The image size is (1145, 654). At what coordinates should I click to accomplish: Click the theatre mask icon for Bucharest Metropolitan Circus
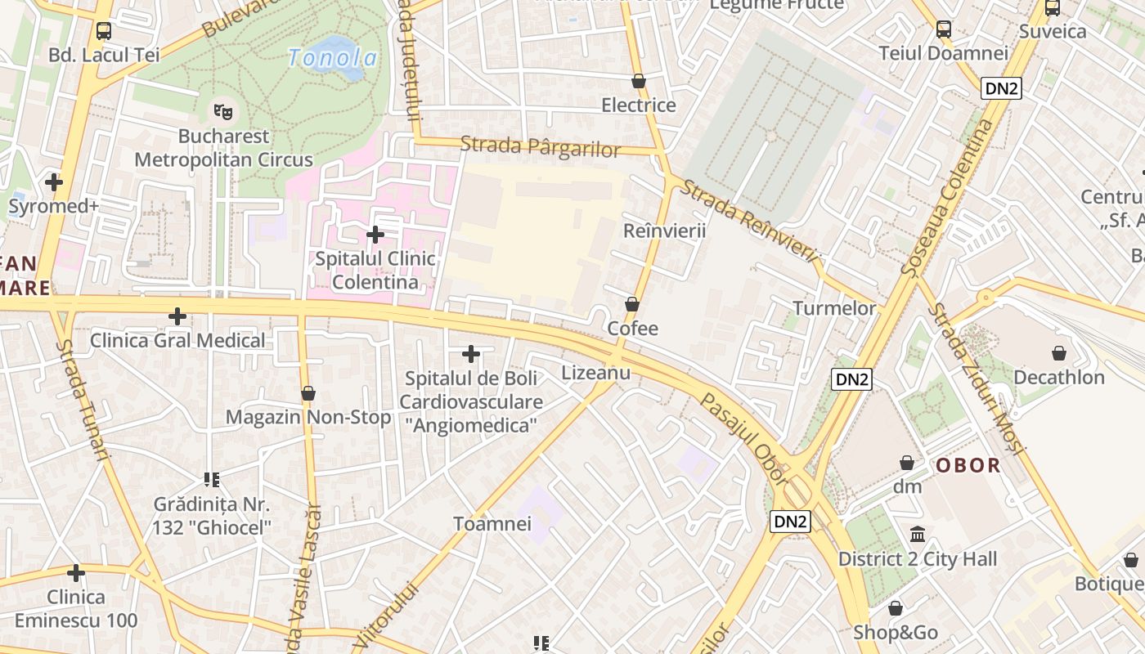click(222, 110)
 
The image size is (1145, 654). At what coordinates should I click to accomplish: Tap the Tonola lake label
click(333, 58)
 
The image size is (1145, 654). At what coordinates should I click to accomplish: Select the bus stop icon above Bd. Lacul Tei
click(104, 31)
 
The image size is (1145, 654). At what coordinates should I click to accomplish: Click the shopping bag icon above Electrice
click(639, 81)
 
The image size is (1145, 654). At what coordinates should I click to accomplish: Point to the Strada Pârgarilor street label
click(541, 147)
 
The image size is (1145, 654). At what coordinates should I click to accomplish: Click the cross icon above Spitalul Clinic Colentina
click(375, 235)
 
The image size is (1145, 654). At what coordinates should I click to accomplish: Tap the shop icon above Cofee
click(632, 304)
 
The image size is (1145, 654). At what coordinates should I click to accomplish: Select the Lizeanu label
click(596, 373)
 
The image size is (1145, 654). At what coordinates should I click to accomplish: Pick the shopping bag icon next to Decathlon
click(1059, 353)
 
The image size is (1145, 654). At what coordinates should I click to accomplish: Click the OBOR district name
click(968, 466)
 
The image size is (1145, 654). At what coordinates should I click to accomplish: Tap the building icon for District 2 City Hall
click(918, 535)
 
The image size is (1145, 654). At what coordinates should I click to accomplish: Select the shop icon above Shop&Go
click(896, 608)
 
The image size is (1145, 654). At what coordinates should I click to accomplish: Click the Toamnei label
click(492, 524)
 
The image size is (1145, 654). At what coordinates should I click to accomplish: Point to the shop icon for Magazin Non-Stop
click(308, 393)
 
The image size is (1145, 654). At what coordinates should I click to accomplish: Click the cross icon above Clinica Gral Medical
click(177, 316)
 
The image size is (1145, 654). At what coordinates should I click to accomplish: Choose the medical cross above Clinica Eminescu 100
click(76, 573)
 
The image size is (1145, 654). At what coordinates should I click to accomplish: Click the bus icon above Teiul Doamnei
click(943, 29)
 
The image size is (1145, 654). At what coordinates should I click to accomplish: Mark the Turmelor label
click(834, 308)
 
